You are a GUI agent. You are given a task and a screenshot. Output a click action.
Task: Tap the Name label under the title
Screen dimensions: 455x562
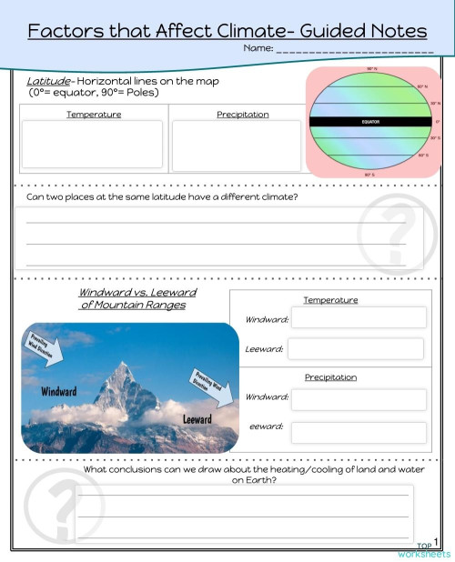258,48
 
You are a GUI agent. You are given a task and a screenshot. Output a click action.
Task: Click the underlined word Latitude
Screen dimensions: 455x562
49,81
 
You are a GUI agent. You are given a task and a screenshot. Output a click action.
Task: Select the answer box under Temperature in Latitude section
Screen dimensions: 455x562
93,145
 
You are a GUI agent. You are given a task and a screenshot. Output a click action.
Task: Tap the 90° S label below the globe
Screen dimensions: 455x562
369,174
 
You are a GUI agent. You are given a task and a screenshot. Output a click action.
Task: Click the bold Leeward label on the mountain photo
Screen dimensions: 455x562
197,419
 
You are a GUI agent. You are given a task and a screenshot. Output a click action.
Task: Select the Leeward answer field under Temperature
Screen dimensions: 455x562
356,349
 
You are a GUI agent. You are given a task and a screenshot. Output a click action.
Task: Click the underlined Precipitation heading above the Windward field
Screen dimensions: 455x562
330,377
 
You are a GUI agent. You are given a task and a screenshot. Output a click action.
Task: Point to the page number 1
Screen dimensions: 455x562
437,541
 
